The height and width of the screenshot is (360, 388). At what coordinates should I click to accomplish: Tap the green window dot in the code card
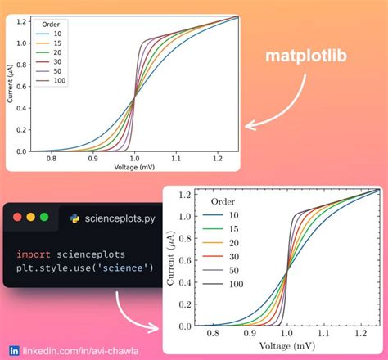click(x=44, y=218)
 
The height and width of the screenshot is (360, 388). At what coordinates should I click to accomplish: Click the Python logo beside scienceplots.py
click(x=74, y=218)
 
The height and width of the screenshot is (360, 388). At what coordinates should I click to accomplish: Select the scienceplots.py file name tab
click(x=115, y=218)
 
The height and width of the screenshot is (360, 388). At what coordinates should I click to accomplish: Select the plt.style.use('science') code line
click(x=84, y=268)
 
